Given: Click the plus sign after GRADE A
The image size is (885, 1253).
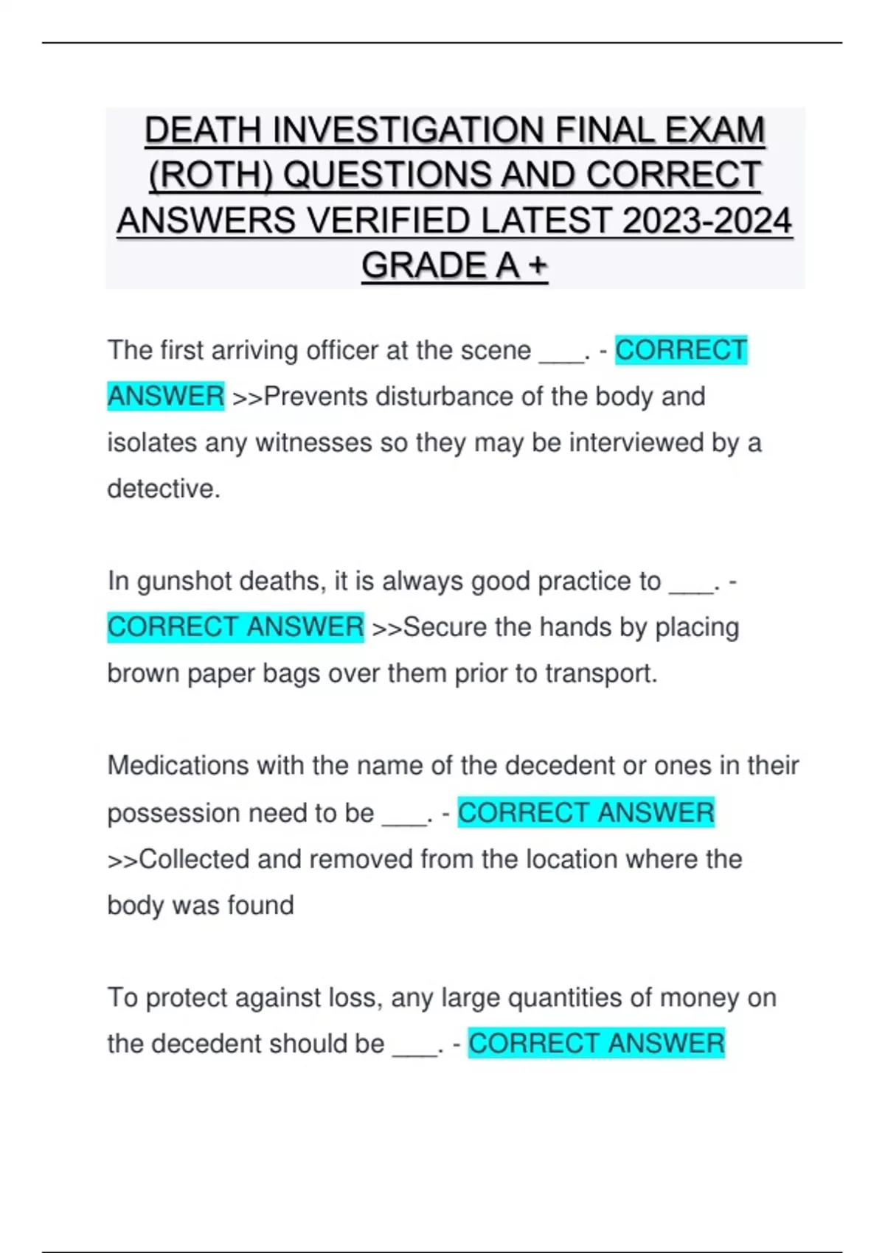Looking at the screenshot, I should (x=538, y=265).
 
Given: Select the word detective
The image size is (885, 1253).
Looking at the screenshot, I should (x=162, y=489).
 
